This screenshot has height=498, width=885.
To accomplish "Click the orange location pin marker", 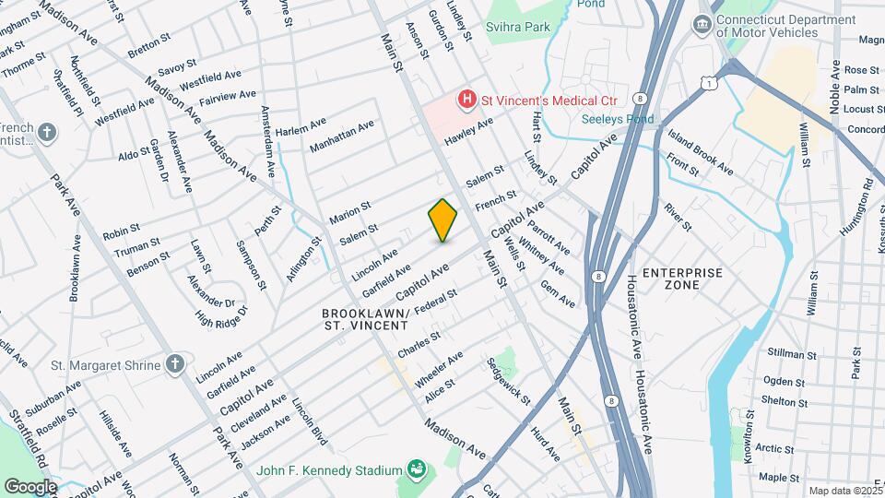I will click(x=443, y=219).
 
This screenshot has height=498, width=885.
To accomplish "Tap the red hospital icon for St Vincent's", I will click(x=468, y=98).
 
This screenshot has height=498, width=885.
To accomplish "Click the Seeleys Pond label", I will click(x=618, y=119).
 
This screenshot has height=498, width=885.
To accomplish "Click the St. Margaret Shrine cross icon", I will click(x=174, y=364).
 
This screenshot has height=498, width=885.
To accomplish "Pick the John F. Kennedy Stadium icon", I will click(x=416, y=470).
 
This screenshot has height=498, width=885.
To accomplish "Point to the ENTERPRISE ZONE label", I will click(x=681, y=279).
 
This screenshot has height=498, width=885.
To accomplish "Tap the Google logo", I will click(x=30, y=486).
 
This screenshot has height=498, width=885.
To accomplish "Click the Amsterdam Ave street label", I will click(x=267, y=141).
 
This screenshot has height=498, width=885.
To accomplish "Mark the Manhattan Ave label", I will click(x=342, y=136).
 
